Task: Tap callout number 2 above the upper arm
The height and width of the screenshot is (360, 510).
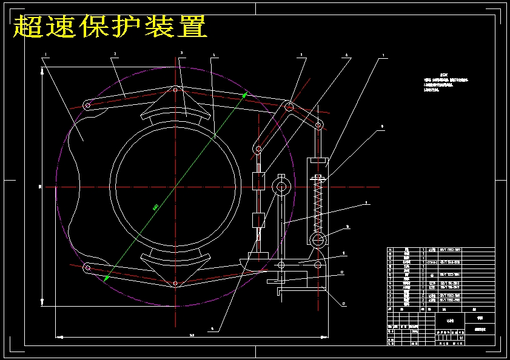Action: [x=114, y=53]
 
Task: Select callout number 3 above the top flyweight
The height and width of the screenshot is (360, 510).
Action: [x=181, y=53]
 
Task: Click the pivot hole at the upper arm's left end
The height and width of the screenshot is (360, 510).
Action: [x=87, y=106]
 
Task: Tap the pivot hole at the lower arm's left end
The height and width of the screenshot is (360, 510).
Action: [x=87, y=267]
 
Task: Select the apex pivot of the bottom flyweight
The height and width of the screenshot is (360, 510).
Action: [x=176, y=284]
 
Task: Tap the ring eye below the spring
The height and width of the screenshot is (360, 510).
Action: [x=318, y=240]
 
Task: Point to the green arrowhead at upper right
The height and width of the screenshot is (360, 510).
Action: [x=244, y=95]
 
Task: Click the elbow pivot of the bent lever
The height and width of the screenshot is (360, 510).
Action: [x=290, y=107]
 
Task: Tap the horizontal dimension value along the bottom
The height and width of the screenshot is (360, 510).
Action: [x=192, y=335]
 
